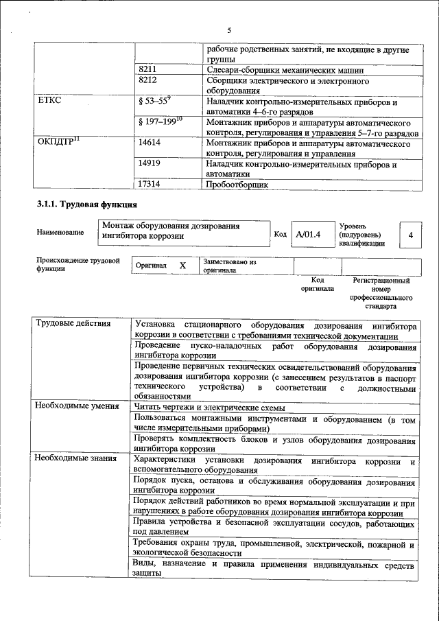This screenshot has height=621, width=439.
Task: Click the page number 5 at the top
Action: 229,30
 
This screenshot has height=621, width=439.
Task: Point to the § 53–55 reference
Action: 154,101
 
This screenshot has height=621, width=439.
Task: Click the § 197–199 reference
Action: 159,121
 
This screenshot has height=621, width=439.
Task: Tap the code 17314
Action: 150,184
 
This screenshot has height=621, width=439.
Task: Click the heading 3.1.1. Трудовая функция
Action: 86,204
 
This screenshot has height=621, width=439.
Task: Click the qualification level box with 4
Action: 410,235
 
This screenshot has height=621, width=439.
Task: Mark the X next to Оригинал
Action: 182,265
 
